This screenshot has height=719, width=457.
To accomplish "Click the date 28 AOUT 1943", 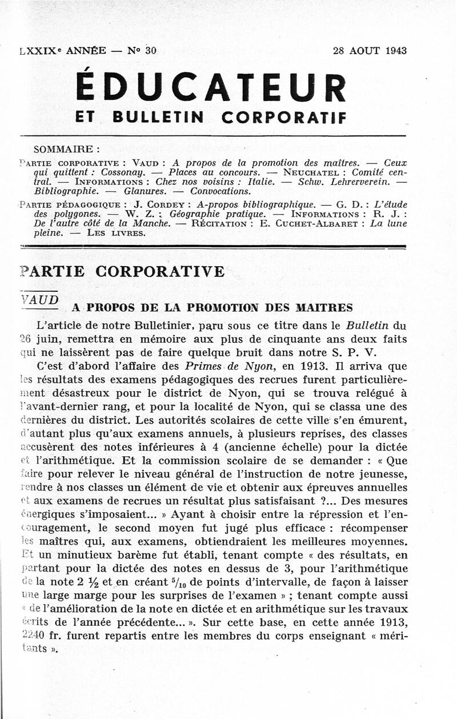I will click(x=370, y=50).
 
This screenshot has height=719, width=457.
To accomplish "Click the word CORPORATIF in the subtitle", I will click(x=283, y=117).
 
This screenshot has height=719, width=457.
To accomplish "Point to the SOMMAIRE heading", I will click(x=67, y=150).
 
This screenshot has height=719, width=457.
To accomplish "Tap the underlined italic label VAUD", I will click(x=39, y=299).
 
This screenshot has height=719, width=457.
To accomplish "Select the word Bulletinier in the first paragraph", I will click(x=148, y=326).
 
